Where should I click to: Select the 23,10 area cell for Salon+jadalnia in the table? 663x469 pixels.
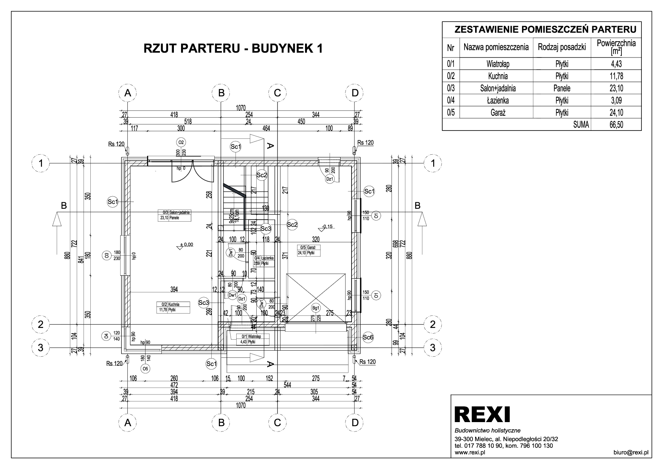(x=616, y=89)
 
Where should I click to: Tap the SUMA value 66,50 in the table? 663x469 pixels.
(x=616, y=124)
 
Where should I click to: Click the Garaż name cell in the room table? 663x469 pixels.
(x=496, y=112)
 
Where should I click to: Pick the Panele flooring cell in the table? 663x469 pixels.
(x=562, y=89)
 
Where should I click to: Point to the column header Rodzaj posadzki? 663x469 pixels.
(x=562, y=47)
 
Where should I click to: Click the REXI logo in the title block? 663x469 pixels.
(x=482, y=414)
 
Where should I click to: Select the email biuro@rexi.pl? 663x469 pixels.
(x=631, y=452)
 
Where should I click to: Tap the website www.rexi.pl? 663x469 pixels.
(x=470, y=452)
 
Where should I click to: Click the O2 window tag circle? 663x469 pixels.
(x=181, y=142)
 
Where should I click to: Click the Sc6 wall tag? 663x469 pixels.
(x=368, y=337)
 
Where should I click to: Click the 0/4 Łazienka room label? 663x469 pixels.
(x=264, y=261)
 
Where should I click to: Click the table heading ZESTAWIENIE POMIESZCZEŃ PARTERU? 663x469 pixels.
(x=542, y=30)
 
